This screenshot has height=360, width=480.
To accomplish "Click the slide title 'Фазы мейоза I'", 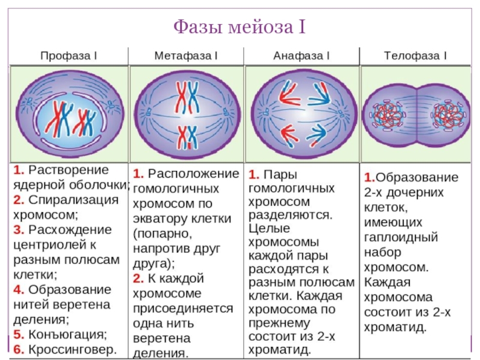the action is pyautogui.click(x=239, y=27).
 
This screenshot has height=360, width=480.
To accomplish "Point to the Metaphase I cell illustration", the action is pyautogui.click(x=186, y=112).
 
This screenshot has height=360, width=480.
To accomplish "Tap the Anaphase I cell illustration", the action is pyautogui.click(x=301, y=112).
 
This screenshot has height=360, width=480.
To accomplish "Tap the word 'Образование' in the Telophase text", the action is pyautogui.click(x=416, y=178).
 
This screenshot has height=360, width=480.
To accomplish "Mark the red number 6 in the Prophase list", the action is pyautogui.click(x=17, y=348).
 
